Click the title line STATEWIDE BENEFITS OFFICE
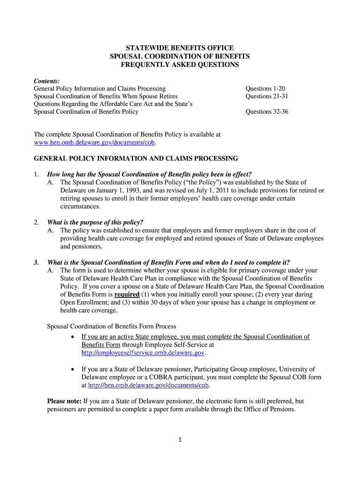[x=180, y=48]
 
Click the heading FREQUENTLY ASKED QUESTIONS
[x=180, y=65]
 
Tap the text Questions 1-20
[x=265, y=88]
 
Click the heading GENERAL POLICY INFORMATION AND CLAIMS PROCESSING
[x=136, y=159]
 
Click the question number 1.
[x=36, y=174]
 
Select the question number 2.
[x=36, y=222]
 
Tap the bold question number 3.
[x=36, y=262]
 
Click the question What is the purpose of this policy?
[x=95, y=222]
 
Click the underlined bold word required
[x=127, y=295]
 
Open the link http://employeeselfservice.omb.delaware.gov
[x=143, y=353]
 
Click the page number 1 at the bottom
[x=180, y=440]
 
